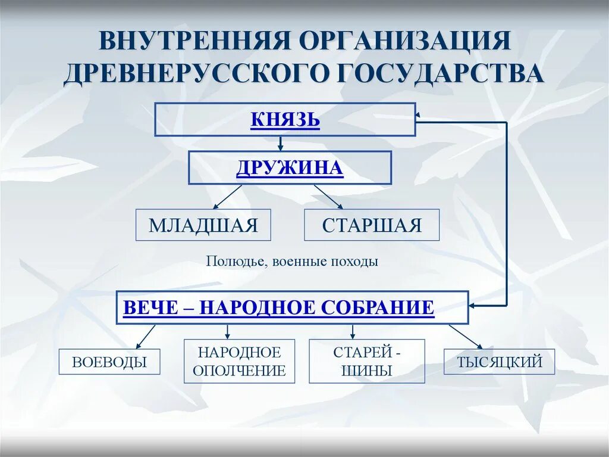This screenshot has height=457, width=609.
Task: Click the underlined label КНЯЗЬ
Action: (x=285, y=120)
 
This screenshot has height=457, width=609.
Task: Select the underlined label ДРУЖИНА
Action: (x=290, y=167)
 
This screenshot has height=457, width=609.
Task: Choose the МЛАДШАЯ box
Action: (x=203, y=225)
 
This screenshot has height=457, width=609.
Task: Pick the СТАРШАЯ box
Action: (x=372, y=225)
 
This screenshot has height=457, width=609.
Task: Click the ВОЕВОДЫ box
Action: (x=109, y=362)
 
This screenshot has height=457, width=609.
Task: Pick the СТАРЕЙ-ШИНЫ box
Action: (x=367, y=361)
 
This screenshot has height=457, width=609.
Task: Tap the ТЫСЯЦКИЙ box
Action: (x=499, y=362)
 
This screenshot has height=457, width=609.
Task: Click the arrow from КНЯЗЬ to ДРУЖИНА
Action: (x=280, y=144)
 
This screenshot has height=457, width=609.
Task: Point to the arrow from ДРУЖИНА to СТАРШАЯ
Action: (x=329, y=197)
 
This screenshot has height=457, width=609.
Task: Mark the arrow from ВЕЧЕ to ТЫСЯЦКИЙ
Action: (x=466, y=337)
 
